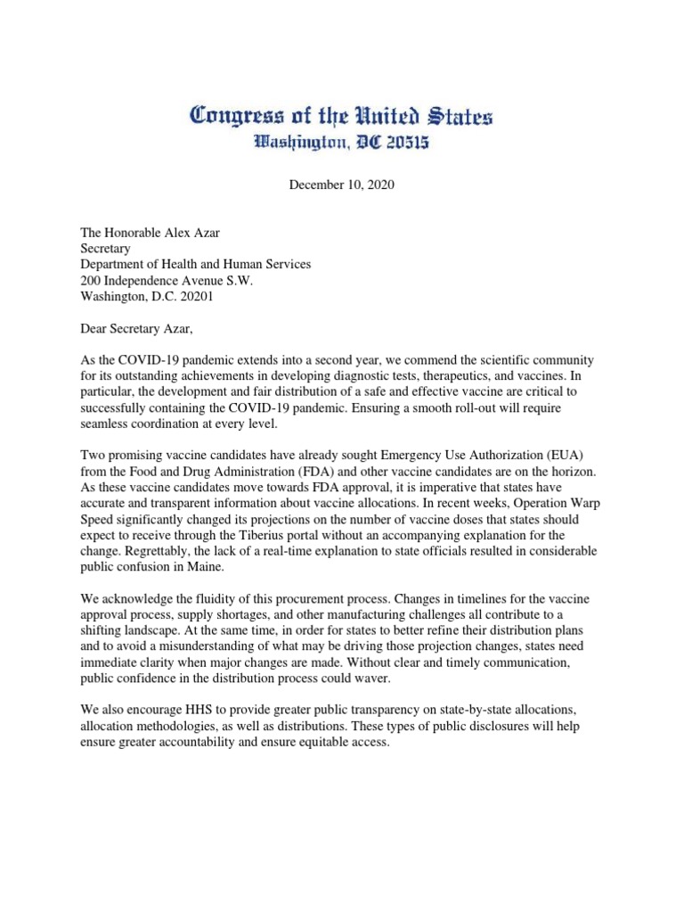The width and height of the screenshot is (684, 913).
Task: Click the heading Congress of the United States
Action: [341, 116]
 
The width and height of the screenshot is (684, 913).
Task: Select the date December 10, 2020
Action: [341, 185]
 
